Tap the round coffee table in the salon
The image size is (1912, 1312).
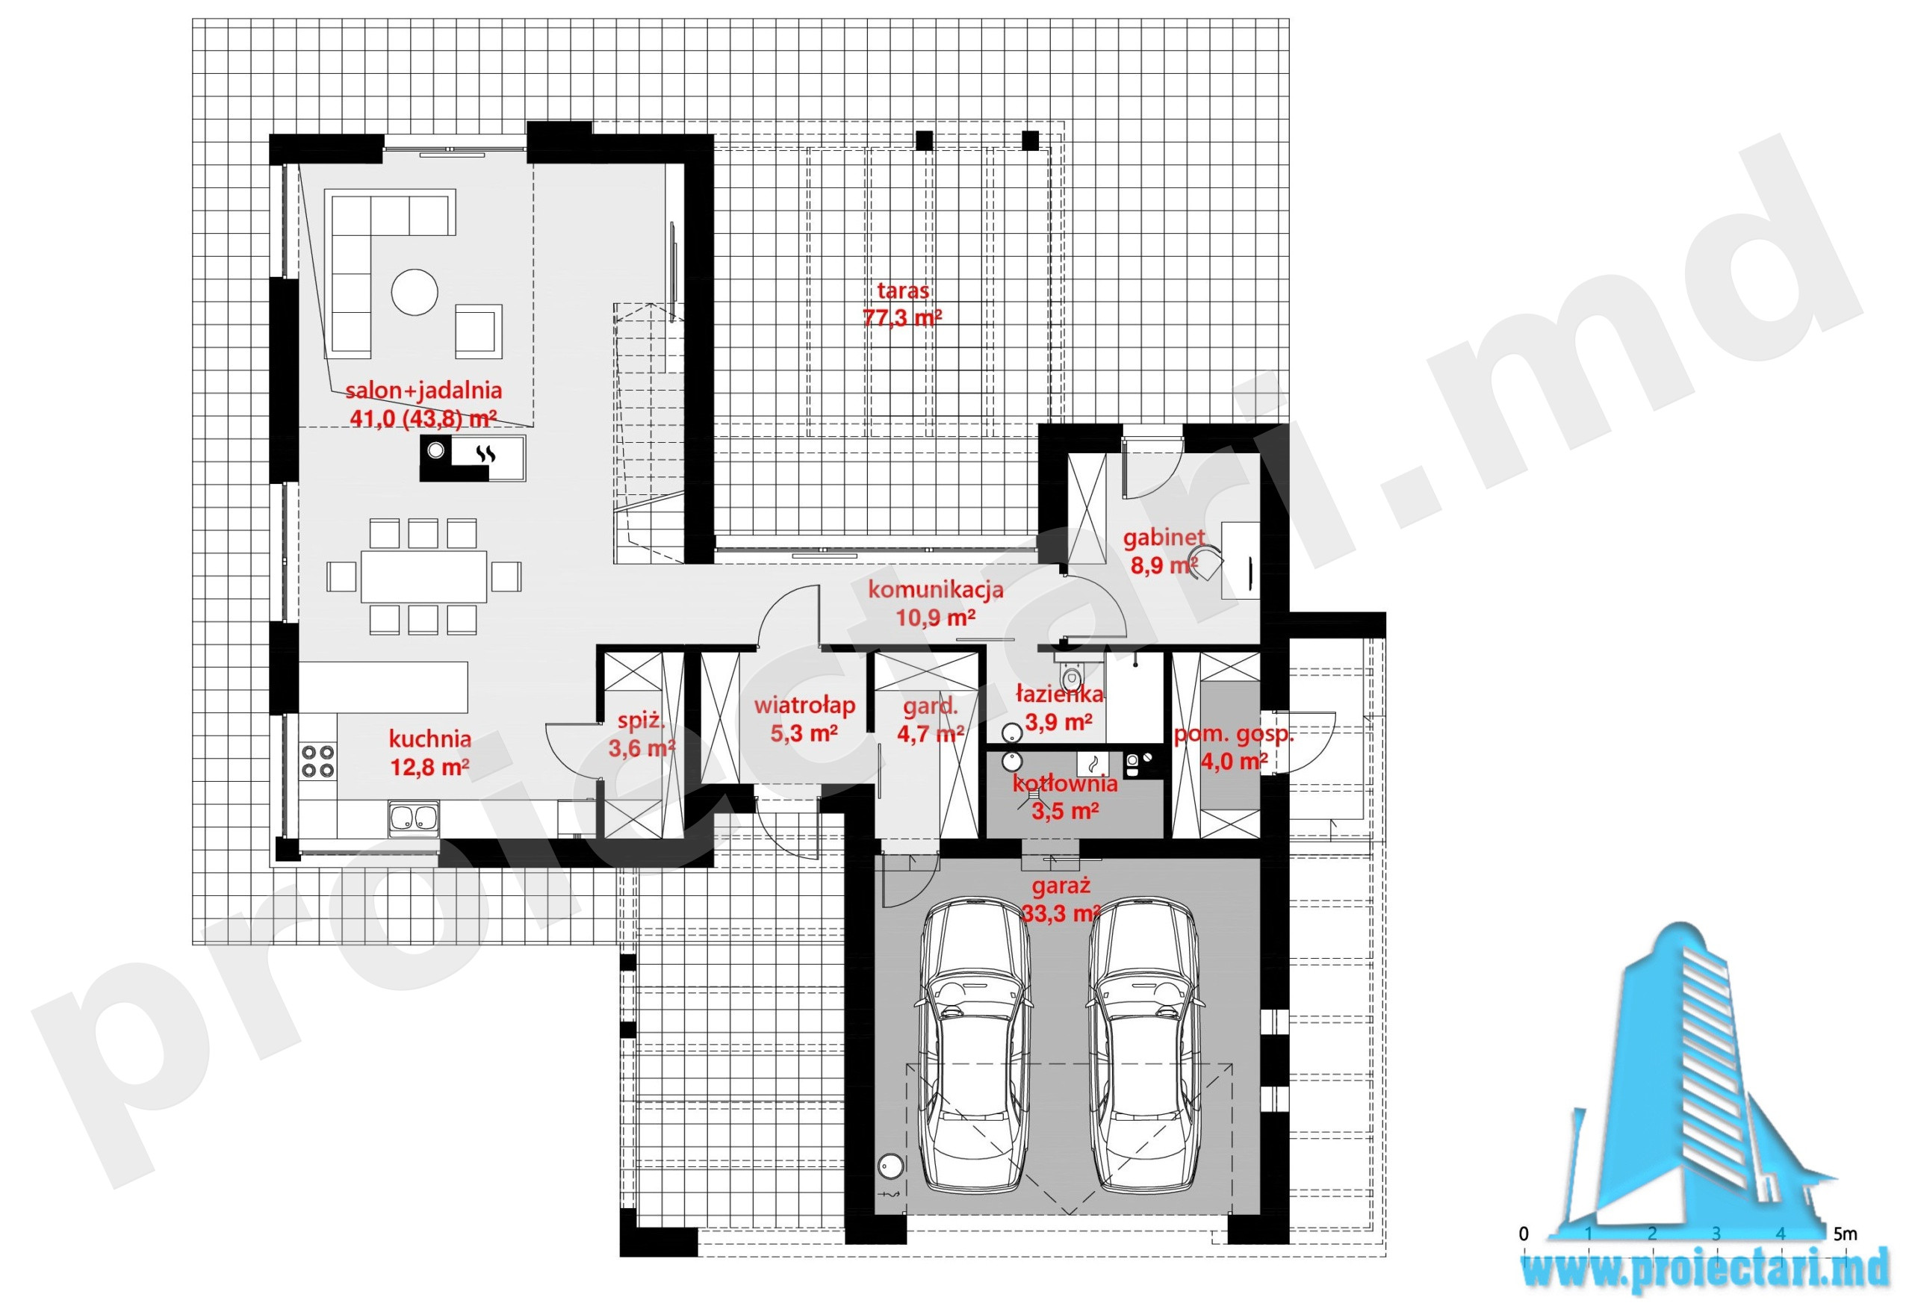[x=415, y=292]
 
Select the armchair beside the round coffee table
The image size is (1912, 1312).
[x=478, y=332]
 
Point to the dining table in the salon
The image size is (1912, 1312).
[x=423, y=576]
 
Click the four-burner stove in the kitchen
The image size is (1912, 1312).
[x=318, y=761]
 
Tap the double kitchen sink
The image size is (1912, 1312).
[x=414, y=818]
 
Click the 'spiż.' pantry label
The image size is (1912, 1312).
[x=641, y=721]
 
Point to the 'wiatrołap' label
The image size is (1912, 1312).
[x=804, y=705]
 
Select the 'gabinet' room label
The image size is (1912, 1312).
[x=1164, y=538]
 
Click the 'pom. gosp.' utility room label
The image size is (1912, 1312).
[x=1233, y=735]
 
